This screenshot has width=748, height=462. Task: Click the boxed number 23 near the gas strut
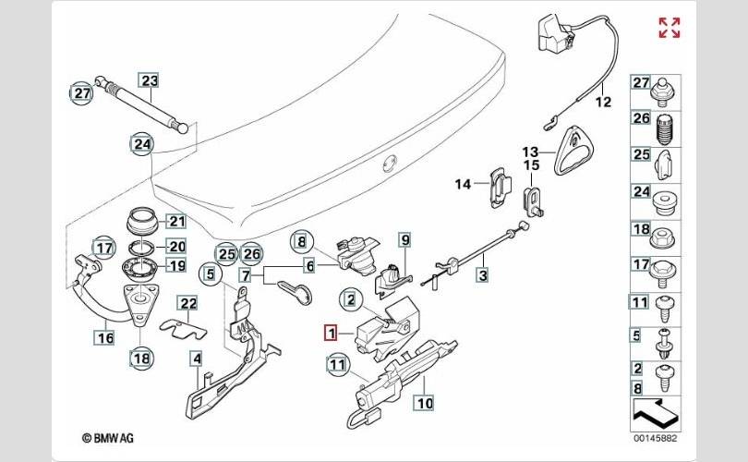click(x=150, y=81)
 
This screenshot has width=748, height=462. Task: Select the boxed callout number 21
click(x=176, y=221)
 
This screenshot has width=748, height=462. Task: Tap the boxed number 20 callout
click(x=176, y=247)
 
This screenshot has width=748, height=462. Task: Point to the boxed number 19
click(x=176, y=265)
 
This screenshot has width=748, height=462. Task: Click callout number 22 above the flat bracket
click(x=188, y=303)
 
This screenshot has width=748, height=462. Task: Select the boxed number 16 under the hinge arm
click(x=105, y=338)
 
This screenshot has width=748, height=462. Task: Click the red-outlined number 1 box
click(x=332, y=334)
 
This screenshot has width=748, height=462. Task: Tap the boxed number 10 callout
click(x=423, y=403)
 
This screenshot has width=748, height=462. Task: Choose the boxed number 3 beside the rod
click(x=481, y=274)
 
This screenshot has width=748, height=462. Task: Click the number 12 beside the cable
click(x=602, y=103)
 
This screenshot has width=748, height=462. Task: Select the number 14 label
click(x=463, y=184)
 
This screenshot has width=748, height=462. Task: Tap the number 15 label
click(x=531, y=165)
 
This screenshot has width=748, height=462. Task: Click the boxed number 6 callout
click(x=310, y=265)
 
